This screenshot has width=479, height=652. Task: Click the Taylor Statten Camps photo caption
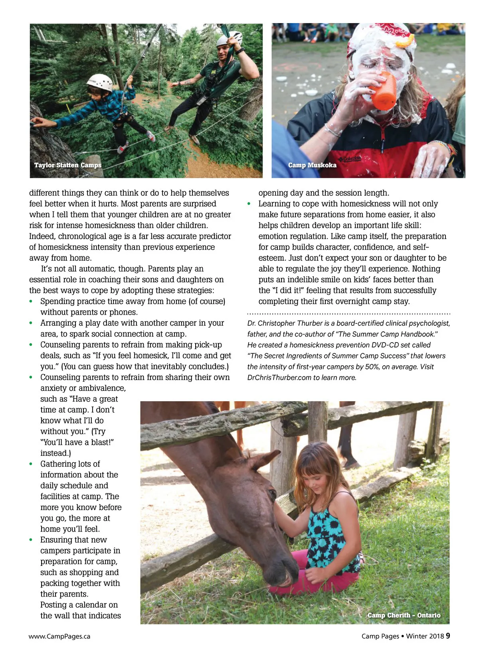click(x=68, y=165)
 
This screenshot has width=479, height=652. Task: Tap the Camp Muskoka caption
click(x=312, y=165)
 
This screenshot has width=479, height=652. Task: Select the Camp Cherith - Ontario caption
click(x=404, y=615)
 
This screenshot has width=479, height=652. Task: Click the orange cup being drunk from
click(x=383, y=91)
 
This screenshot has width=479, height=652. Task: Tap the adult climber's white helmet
click(x=230, y=38)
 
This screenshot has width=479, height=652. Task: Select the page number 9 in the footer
click(x=448, y=636)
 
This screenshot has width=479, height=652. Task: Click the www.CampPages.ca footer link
click(x=59, y=636)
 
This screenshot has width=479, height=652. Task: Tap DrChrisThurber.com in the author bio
click(x=279, y=377)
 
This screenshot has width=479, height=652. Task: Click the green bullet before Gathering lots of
click(x=31, y=464)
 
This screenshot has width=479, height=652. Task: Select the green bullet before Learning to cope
click(x=249, y=204)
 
